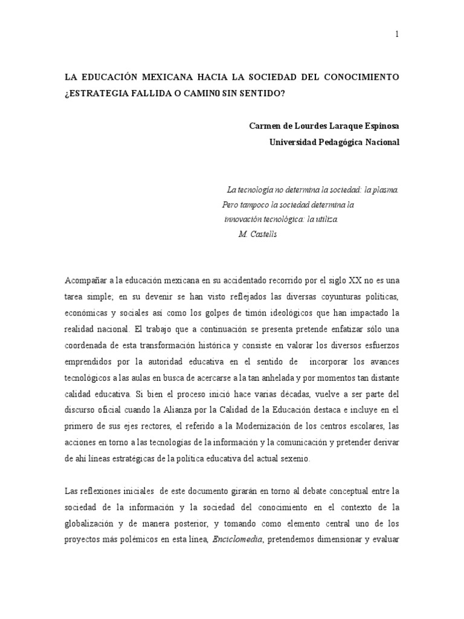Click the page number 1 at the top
point(397,34)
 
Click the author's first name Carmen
point(266,126)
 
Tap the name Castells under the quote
point(264,235)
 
